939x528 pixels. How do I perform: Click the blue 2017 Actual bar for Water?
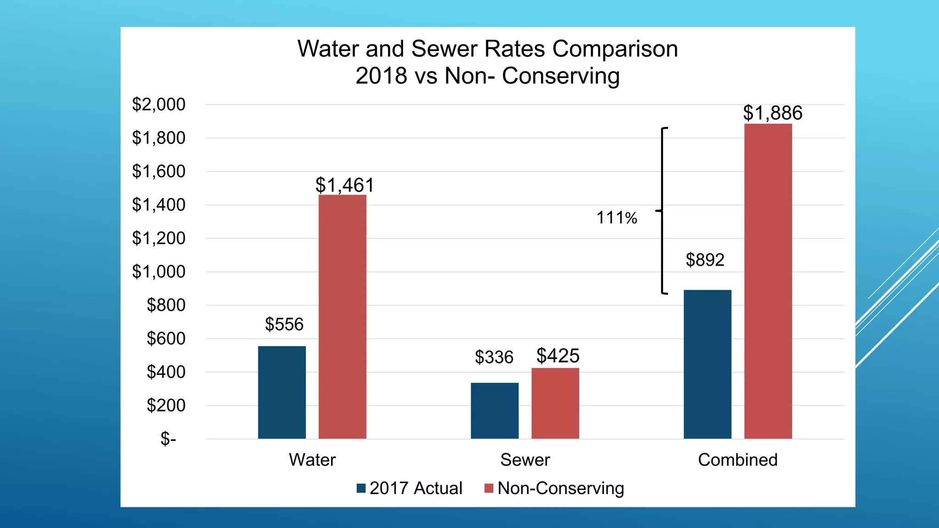click(282, 392)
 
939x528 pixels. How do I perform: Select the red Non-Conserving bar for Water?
click(342, 317)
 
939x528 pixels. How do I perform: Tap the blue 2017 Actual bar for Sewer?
click(494, 411)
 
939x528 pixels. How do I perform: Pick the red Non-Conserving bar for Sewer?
click(555, 403)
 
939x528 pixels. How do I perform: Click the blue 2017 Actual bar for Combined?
click(707, 364)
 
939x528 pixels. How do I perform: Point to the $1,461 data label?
click(345, 185)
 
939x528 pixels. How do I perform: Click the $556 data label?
click(284, 324)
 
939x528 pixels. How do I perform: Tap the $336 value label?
click(494, 357)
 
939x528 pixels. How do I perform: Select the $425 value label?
click(558, 356)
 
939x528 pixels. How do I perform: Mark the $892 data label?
click(705, 260)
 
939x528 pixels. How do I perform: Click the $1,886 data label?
click(773, 113)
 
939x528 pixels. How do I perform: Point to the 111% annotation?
click(616, 218)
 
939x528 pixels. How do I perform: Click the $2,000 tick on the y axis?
click(159, 104)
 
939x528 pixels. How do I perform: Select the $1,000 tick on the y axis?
click(159, 272)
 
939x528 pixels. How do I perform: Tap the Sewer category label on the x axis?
click(525, 460)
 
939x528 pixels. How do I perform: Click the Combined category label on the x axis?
click(737, 460)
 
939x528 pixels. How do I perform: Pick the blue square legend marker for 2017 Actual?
click(361, 488)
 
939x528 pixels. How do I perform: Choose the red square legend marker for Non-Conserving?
click(489, 488)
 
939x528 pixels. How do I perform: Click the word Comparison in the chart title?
click(614, 49)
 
